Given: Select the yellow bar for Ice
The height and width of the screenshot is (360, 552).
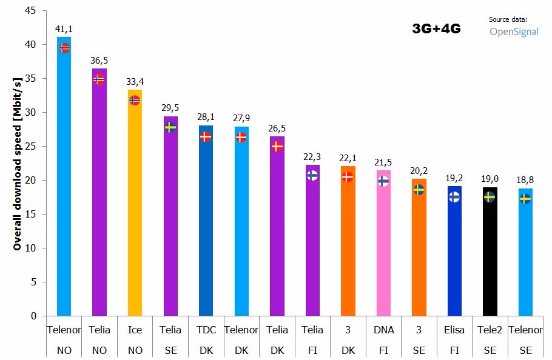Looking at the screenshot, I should click(135, 212).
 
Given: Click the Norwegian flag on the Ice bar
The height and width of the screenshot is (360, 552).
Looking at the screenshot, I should click(135, 101).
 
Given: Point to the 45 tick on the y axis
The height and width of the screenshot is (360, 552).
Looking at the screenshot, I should click(30, 11).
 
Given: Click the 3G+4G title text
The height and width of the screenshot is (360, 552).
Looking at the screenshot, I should click(436, 28).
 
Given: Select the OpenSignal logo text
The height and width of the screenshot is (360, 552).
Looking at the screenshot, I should click(514, 32).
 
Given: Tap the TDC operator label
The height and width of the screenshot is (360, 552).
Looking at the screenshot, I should click(206, 330).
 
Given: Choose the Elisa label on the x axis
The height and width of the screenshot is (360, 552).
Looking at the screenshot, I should click(454, 330).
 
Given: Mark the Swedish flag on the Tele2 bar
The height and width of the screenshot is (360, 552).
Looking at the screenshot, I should click(490, 197).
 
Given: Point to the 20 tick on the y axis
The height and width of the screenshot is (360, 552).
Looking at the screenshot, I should click(30, 181).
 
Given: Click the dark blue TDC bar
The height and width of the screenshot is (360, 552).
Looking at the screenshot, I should click(206, 230).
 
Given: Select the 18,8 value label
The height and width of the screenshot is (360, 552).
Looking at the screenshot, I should click(525, 179).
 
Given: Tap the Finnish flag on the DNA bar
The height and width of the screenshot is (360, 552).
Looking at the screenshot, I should click(383, 181).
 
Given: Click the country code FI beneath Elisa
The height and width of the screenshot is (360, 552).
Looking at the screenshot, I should click(454, 350).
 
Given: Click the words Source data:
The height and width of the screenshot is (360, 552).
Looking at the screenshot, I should click(508, 19).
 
